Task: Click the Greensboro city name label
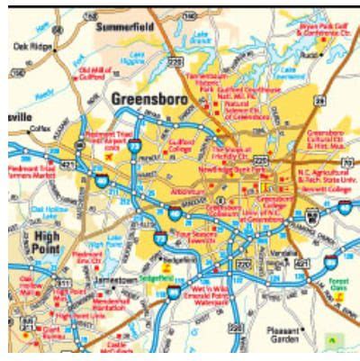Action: (x=148, y=95)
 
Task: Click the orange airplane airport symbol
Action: (x=110, y=156)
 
